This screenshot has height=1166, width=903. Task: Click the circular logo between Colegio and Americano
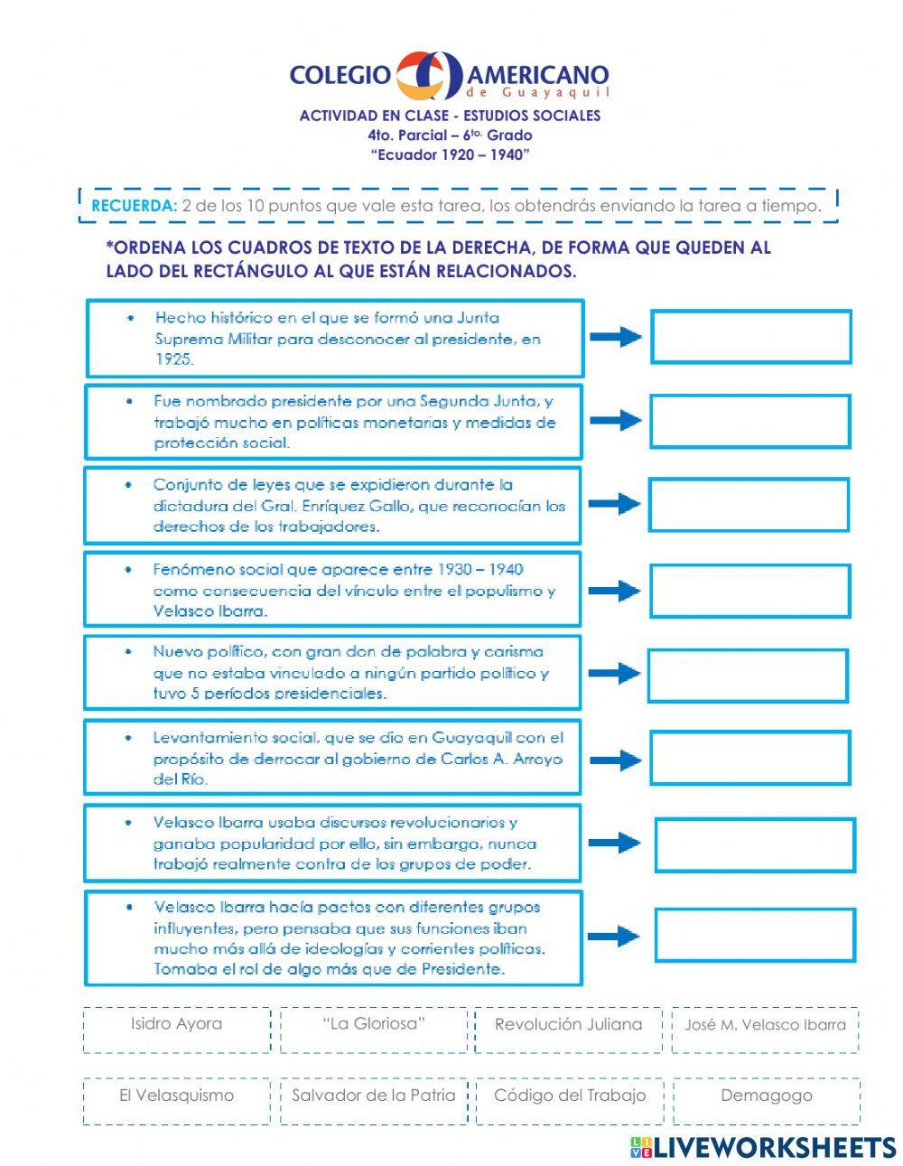(x=430, y=76)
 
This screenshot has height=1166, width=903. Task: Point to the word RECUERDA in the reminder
(x=134, y=206)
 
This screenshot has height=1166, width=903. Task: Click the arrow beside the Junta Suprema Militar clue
(x=616, y=337)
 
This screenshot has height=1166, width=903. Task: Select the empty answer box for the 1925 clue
(x=751, y=337)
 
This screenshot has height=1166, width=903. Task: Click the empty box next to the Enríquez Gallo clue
(x=749, y=505)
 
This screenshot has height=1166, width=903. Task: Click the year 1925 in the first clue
(x=173, y=359)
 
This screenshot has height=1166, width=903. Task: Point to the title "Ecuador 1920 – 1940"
(x=450, y=154)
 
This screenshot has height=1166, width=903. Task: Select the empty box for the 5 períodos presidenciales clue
(x=748, y=675)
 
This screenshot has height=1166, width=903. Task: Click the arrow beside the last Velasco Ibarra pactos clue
(x=616, y=936)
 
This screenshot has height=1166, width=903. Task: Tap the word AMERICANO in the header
(x=538, y=75)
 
